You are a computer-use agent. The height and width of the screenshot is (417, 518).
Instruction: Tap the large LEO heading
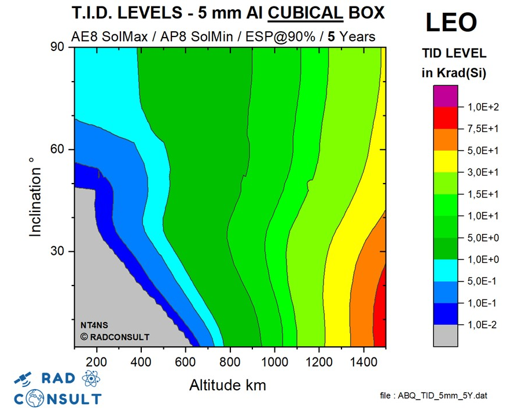point(451,22)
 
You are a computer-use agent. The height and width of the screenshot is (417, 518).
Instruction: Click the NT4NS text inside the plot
point(94,324)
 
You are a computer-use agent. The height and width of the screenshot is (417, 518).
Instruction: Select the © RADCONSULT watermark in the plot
point(114,336)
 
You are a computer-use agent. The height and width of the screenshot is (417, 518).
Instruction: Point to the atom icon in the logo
point(91,378)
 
